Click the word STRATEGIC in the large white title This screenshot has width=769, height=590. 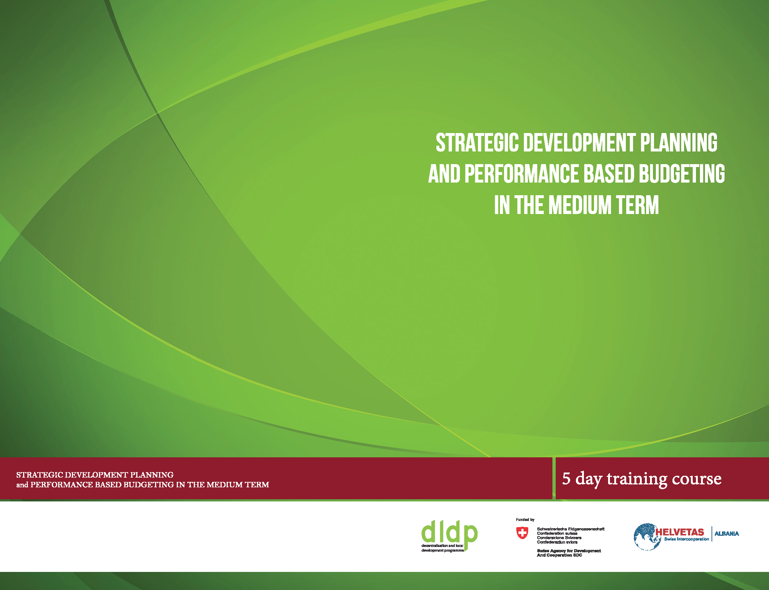tap(477, 143)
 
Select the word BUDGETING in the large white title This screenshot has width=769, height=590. tap(682, 174)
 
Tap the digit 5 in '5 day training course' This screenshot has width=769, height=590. tap(566, 478)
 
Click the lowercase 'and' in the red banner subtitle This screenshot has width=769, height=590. tap(22, 485)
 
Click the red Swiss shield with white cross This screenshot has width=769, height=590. tap(522, 533)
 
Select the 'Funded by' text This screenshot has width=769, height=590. tap(525, 520)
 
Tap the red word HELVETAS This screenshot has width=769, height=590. tap(680, 532)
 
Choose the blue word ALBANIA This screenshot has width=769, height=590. tap(727, 534)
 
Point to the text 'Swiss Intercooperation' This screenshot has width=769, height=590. tap(687, 539)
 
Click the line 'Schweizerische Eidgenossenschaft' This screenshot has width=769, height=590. tap(571, 529)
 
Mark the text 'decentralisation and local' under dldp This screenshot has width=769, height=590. tap(442, 546)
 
